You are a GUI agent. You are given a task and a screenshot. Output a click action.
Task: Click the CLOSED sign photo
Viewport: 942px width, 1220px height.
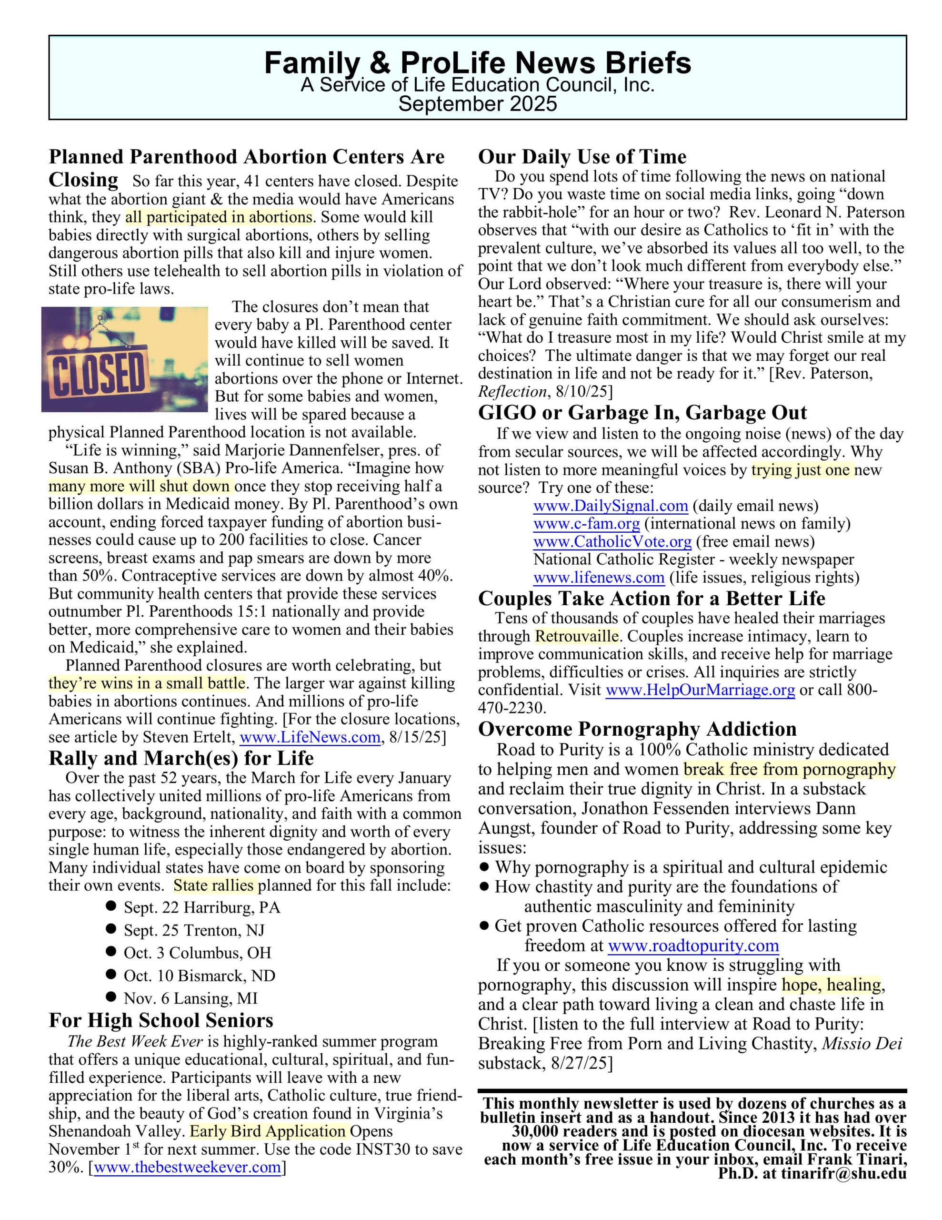point(124,359)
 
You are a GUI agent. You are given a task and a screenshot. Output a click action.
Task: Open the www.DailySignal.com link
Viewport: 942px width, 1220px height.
point(611,506)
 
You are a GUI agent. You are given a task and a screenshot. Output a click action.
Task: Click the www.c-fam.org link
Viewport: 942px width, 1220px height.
point(586,524)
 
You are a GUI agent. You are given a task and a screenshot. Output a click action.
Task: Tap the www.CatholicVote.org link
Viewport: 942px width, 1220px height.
point(612,542)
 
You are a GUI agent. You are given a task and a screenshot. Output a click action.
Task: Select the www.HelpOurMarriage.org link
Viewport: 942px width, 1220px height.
point(700,691)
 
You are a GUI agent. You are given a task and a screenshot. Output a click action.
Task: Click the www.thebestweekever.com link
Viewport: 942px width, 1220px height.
point(188,1168)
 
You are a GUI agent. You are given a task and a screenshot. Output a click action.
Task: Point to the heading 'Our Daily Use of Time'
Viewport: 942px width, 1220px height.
point(582,156)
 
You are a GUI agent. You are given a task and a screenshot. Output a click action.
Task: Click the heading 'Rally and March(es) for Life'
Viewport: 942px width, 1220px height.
point(181,758)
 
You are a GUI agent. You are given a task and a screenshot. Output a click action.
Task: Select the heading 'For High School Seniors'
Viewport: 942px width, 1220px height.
point(161,1021)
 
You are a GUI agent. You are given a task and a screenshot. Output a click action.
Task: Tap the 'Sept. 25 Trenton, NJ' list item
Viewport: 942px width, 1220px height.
point(194,931)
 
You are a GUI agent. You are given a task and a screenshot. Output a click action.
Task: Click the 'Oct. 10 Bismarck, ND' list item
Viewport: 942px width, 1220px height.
point(200,976)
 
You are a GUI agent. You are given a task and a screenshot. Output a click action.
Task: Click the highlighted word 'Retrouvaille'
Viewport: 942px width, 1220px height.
point(576,637)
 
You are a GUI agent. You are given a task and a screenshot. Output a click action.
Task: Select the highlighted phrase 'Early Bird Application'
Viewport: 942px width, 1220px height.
point(269,1132)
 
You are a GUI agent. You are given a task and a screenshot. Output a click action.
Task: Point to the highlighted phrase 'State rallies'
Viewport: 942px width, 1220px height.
point(214,886)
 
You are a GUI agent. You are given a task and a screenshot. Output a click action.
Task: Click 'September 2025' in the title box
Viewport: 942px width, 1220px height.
point(477,104)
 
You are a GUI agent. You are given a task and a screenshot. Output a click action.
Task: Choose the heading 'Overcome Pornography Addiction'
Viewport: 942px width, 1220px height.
point(637,729)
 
